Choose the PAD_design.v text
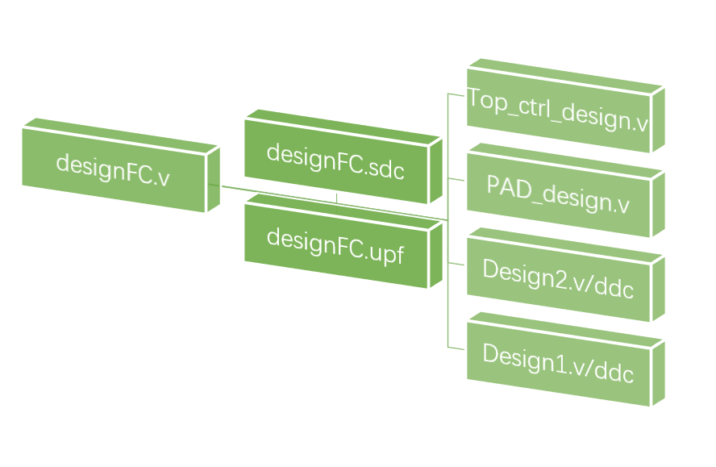[558, 194]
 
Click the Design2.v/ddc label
[558, 278]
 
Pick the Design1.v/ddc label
[558, 362]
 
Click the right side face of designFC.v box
[214, 179]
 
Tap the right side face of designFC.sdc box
[435, 169]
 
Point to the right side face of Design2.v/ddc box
[658, 287]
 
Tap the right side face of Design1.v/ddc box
[658, 372]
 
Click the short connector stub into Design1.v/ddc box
[457, 348]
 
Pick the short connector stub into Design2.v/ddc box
[457, 263]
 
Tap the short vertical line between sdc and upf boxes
[337, 198]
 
